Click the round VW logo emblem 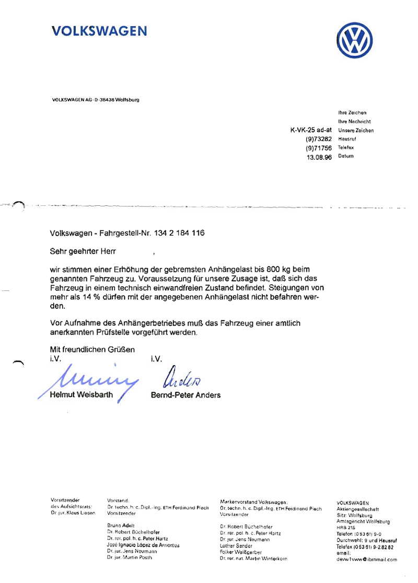(355, 41)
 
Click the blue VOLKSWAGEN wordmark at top (99, 31)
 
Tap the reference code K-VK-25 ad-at (311, 130)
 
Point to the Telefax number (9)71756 (319, 148)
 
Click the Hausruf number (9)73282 (319, 139)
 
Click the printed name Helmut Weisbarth (81, 395)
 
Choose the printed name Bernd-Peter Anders (185, 395)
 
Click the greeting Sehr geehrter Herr (83, 252)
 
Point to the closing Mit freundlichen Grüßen (92, 349)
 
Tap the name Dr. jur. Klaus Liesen (73, 514)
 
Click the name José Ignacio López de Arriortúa (143, 545)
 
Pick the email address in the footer (367, 559)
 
